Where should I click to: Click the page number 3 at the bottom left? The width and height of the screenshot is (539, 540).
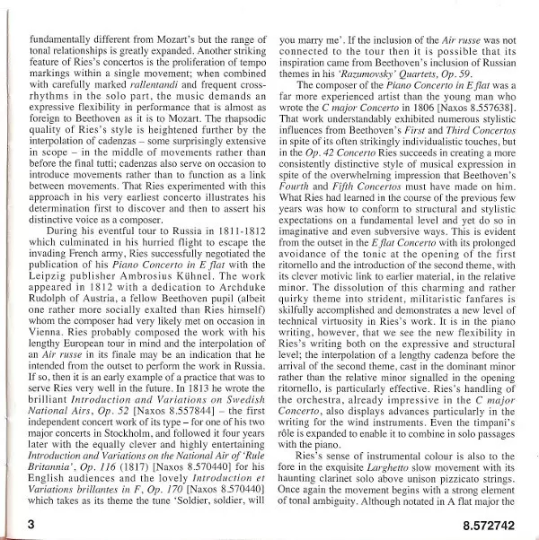point(31,521)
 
